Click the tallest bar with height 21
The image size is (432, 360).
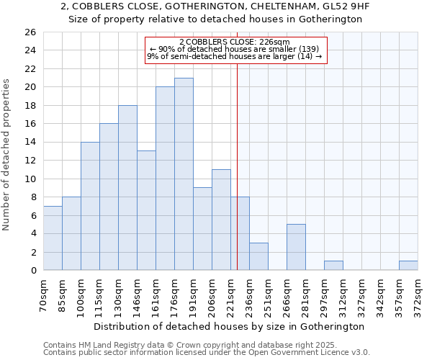pyautogui.click(x=184, y=174)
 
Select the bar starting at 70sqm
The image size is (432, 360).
pyautogui.click(x=53, y=238)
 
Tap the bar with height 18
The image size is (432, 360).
pyautogui.click(x=127, y=188)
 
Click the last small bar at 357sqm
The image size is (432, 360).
pyautogui.click(x=408, y=266)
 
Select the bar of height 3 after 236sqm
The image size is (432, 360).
pyautogui.click(x=258, y=256)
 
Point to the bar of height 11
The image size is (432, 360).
pyautogui.click(x=221, y=220)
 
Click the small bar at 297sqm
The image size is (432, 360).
pyautogui.click(x=333, y=266)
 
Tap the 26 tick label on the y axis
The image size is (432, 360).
pyautogui.click(x=30, y=32)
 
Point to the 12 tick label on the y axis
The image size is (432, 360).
pyautogui.click(x=30, y=161)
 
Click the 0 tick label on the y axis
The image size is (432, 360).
pyautogui.click(x=33, y=271)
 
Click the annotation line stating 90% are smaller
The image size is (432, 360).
pyautogui.click(x=234, y=49)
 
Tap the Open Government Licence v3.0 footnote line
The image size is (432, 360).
pyautogui.click(x=207, y=353)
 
